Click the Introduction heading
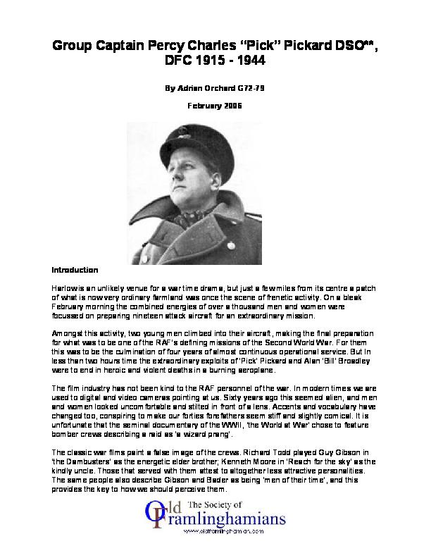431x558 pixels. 75,270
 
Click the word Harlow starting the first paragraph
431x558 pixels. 64,290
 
